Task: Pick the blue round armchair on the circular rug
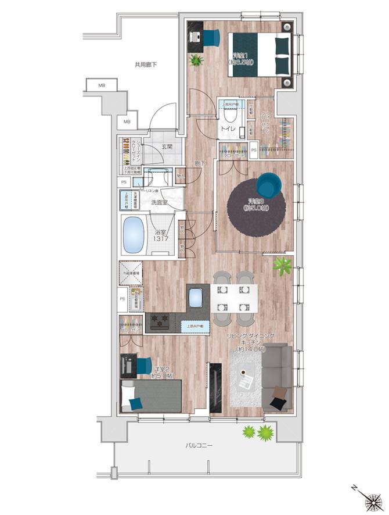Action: click(268, 184)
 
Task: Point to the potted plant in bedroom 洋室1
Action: click(195, 59)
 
